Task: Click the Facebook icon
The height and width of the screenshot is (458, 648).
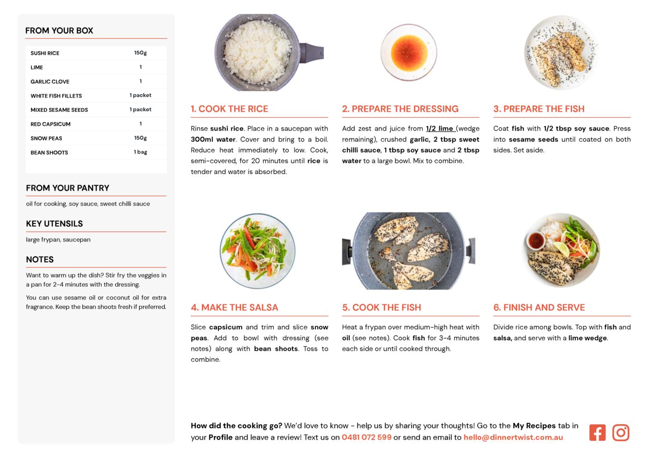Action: (x=597, y=432)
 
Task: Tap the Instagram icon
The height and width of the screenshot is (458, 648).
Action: (x=620, y=432)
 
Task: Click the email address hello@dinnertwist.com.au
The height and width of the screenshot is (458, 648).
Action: (x=513, y=437)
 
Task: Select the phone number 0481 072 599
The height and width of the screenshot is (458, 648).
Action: (x=366, y=437)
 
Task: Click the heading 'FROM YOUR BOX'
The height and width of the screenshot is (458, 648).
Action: (x=59, y=30)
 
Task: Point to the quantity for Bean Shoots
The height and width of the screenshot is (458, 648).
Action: (x=140, y=152)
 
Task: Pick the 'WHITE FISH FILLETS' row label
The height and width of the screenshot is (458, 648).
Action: (x=56, y=96)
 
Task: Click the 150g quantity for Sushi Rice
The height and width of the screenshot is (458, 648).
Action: (x=140, y=53)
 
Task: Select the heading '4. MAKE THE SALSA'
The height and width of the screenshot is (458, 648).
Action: (x=234, y=307)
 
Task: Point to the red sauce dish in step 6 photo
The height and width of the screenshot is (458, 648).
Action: (x=536, y=241)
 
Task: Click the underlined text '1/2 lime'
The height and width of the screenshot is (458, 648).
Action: (x=440, y=128)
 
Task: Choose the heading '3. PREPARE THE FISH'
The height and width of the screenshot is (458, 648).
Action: (x=539, y=108)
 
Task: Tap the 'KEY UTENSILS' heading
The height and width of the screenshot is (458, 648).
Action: (x=55, y=223)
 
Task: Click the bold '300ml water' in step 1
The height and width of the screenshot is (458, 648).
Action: (x=213, y=139)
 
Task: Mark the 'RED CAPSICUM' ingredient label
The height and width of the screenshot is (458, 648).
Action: (x=50, y=124)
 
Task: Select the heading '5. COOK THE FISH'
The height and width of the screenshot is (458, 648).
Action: (x=382, y=307)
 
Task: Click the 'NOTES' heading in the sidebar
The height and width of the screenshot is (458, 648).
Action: (x=40, y=259)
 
